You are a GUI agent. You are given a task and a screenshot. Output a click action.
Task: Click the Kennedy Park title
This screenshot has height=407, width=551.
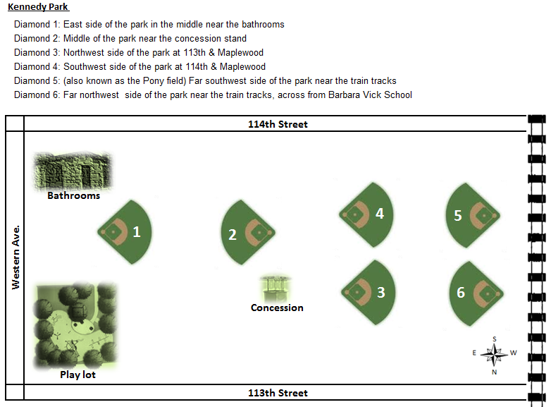tap(38, 7)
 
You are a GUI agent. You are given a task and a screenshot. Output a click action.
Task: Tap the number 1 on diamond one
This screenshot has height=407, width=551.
tap(137, 232)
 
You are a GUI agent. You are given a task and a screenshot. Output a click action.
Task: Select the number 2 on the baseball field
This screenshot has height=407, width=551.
tap(233, 235)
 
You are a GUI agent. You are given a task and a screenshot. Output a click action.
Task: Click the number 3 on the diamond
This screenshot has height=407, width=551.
tap(381, 292)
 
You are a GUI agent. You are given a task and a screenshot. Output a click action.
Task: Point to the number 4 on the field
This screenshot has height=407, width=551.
tap(380, 214)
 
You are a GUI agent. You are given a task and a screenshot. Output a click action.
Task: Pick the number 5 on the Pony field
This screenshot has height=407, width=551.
tap(457, 216)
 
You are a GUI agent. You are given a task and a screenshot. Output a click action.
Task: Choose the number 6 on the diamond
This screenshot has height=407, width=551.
tap(461, 292)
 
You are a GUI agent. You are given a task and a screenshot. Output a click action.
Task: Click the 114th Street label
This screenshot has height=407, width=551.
tap(278, 124)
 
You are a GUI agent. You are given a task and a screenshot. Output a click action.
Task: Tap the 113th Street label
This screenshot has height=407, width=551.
tap(278, 393)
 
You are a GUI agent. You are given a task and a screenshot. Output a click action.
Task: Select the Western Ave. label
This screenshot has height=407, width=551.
tap(16, 257)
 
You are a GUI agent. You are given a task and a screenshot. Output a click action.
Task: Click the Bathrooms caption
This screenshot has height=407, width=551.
tap(74, 195)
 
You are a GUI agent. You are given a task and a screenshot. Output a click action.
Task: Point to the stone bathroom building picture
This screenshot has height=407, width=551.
tap(73, 171)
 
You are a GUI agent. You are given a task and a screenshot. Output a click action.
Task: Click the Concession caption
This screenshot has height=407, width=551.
tap(277, 308)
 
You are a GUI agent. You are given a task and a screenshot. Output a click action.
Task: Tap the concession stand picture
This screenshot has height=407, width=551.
tap(275, 289)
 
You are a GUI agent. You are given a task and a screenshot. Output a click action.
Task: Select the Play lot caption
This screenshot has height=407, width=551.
tap(78, 375)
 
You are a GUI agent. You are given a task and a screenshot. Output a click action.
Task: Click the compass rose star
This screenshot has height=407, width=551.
tap(494, 354)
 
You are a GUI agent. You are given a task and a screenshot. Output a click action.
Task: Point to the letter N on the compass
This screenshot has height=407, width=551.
tap(495, 372)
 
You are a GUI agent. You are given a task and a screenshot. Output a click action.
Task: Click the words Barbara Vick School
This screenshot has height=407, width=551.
tap(370, 95)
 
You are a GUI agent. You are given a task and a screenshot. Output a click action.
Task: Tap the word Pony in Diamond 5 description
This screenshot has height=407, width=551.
tap(154, 81)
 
